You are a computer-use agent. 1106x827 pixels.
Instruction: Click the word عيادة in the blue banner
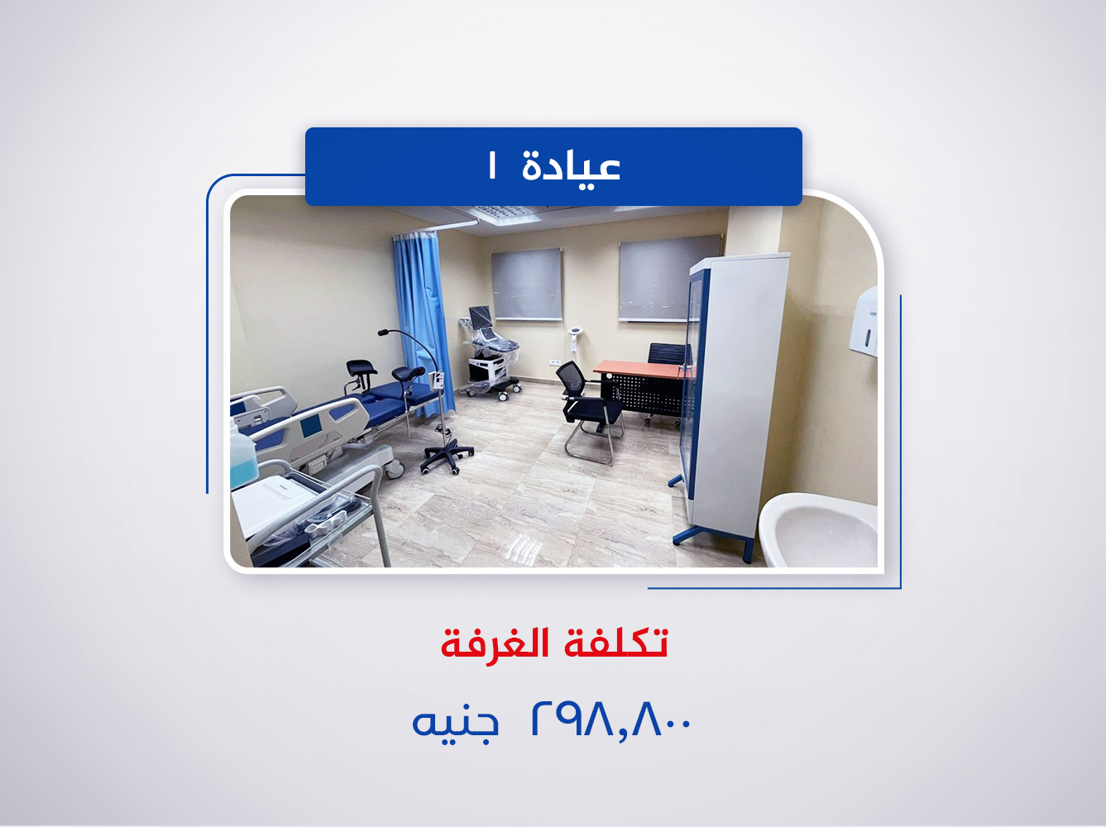[571, 167]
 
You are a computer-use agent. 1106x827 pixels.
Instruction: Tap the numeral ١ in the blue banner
[492, 167]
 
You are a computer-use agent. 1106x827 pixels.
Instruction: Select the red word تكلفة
[615, 643]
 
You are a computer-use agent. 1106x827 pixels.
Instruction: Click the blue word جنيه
[456, 721]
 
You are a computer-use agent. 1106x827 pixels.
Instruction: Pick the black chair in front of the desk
[590, 405]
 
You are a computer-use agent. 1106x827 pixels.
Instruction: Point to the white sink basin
[819, 529]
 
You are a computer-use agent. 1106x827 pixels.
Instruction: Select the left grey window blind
[527, 284]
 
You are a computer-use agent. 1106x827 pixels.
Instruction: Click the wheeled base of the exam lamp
[447, 456]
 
